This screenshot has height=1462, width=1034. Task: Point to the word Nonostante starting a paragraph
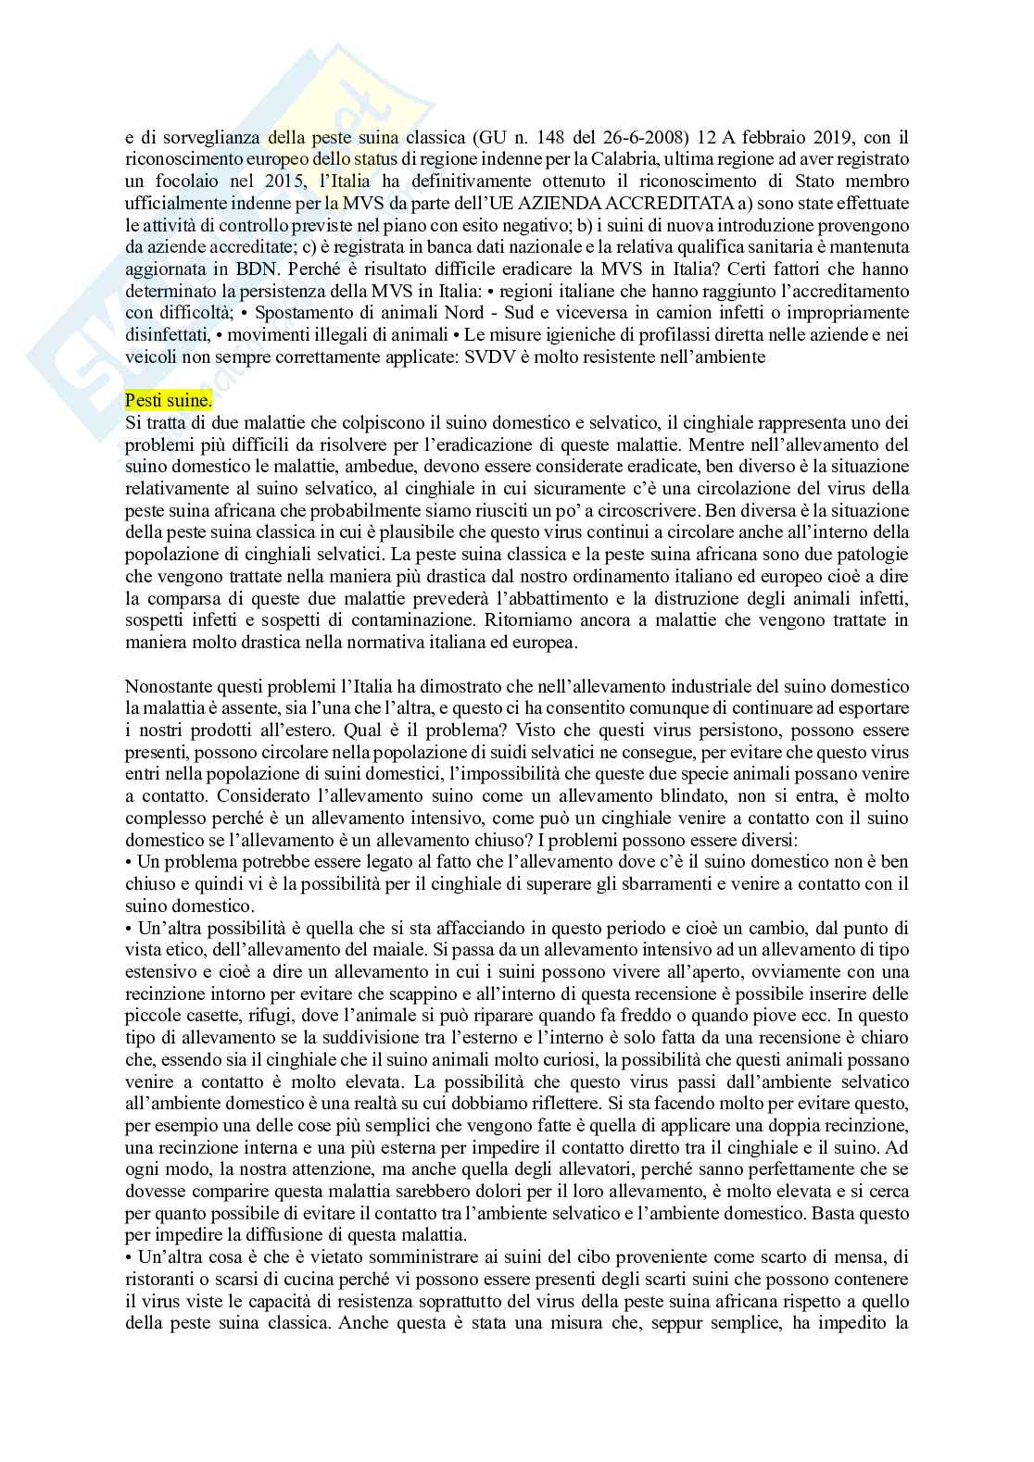pos(166,685)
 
